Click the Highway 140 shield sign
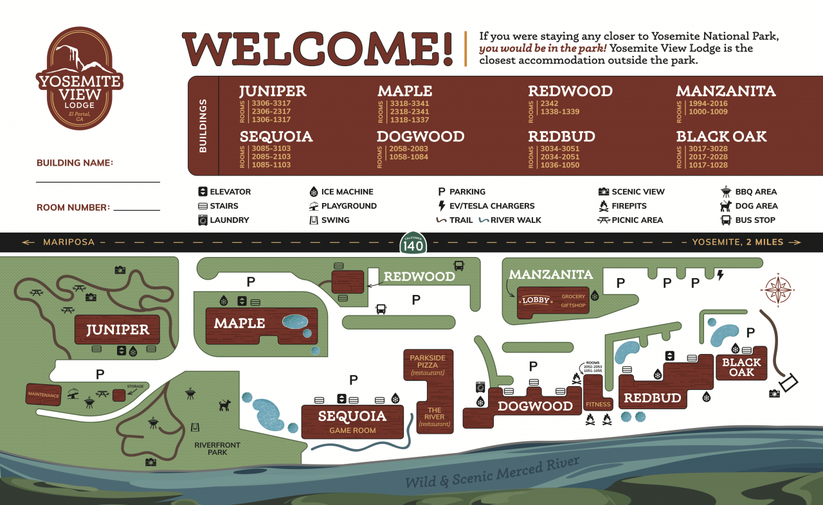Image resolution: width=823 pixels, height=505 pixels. [413, 243]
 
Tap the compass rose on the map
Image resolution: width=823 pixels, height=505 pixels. [778, 290]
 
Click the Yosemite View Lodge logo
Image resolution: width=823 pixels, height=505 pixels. [79, 79]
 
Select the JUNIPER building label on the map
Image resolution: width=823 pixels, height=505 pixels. [118, 330]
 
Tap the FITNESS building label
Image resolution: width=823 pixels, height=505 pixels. [597, 404]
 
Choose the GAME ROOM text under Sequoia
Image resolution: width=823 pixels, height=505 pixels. [352, 430]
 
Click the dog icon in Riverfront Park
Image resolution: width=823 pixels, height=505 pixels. [224, 405]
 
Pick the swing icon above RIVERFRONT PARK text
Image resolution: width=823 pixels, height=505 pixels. [197, 428]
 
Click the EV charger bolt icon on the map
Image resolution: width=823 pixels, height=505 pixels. [720, 275]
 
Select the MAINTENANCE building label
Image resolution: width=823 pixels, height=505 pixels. [44, 395]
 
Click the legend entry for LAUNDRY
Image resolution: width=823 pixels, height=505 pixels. [223, 220]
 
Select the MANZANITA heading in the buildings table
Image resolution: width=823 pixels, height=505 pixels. [726, 91]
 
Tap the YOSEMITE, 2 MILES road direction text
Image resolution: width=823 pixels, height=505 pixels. [737, 242]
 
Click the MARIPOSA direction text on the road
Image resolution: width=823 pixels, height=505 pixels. [68, 242]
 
